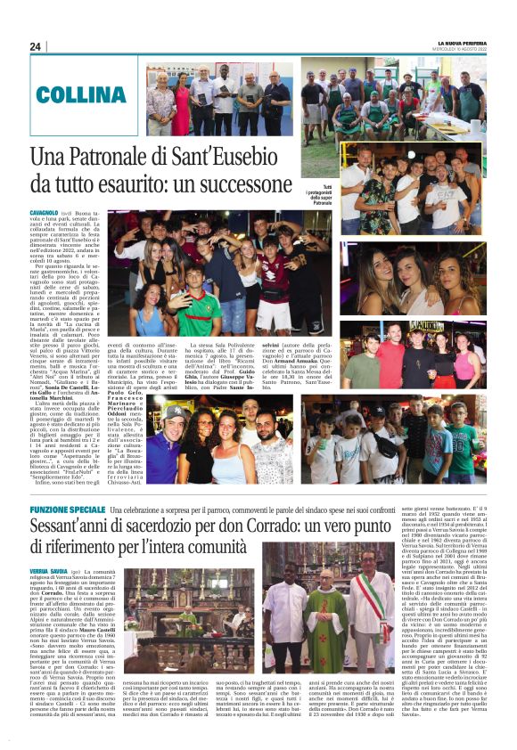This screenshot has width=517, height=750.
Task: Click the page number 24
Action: pos(36,46)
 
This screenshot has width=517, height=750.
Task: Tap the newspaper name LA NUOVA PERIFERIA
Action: pos(454,42)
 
